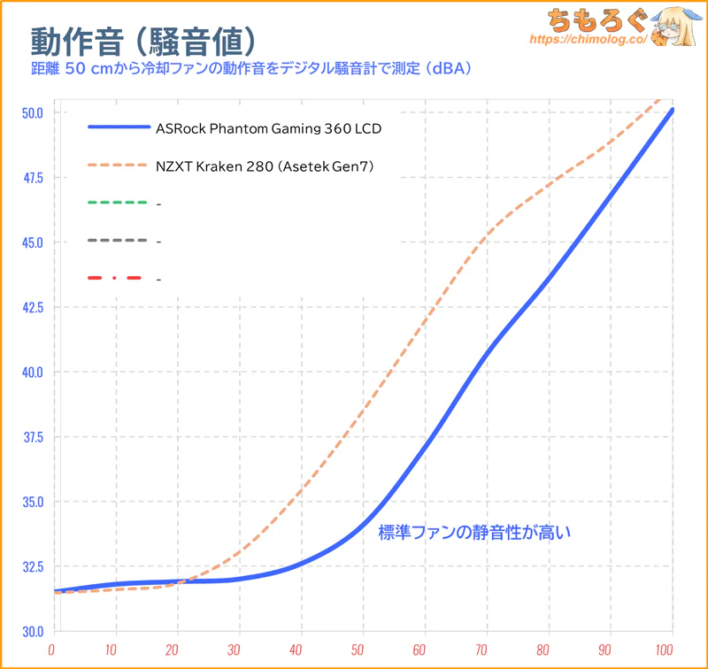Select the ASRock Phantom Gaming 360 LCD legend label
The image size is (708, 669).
[x=268, y=128]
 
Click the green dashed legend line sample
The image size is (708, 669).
[x=117, y=203]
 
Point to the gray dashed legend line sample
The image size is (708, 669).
[x=117, y=241]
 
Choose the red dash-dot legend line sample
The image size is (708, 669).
[x=117, y=279]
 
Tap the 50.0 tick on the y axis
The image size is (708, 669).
[x=32, y=112]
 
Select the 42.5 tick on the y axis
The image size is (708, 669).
[x=32, y=307]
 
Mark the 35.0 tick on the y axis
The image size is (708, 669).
[x=32, y=502]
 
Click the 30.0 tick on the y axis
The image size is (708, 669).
[x=32, y=631]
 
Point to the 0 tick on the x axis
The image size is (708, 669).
[x=55, y=650]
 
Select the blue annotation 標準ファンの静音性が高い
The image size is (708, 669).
[x=475, y=533]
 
